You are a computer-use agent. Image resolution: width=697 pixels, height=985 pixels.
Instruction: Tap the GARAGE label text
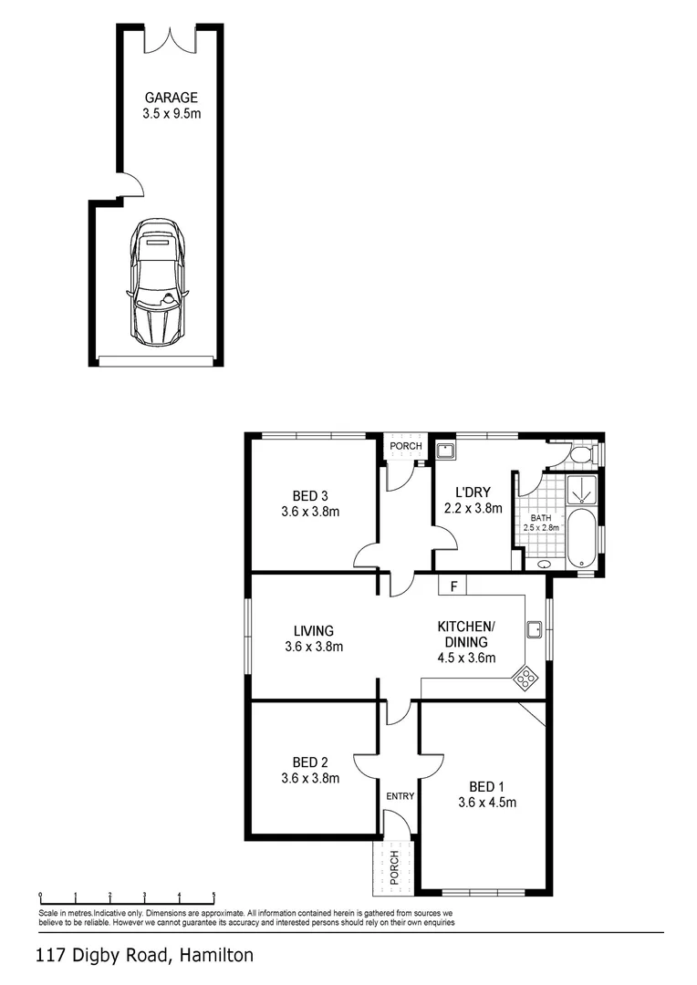pos(171,98)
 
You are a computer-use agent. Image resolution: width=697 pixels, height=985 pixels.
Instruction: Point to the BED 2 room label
pos(310,762)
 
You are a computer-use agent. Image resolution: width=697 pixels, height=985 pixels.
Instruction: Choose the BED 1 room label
pos(487,787)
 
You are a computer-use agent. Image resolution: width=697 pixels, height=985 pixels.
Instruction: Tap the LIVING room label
pos(313,630)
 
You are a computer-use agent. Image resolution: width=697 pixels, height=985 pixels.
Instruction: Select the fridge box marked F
pos(453,584)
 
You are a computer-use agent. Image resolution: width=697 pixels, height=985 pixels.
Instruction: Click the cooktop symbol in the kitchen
pos(527,677)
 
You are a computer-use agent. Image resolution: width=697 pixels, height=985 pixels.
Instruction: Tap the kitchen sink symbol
pos(535,628)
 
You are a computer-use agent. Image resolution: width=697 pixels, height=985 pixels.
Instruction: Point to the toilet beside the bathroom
pos(578,454)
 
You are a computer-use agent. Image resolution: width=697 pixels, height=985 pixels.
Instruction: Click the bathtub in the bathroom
pos(580,539)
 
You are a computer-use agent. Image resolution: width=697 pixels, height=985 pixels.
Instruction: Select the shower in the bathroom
pos(581,491)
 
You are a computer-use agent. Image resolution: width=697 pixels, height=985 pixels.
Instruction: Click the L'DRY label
pos(473,493)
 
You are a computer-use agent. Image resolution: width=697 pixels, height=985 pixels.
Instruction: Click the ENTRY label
pos(400,796)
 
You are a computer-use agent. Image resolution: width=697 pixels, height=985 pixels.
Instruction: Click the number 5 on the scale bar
pos(213,896)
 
